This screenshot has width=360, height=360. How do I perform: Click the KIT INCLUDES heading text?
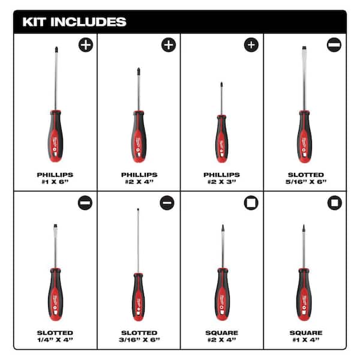(74, 22)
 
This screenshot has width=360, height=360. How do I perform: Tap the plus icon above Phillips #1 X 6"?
(86, 45)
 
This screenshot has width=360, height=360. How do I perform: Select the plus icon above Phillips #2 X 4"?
(169, 45)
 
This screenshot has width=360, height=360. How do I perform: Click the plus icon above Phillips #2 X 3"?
(251, 45)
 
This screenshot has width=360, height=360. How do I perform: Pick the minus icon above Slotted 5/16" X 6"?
(334, 45)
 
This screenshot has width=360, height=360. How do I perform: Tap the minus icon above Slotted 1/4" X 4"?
(86, 203)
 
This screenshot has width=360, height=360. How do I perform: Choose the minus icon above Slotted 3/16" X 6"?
(167, 203)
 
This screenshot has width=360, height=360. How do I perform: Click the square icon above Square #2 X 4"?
(251, 203)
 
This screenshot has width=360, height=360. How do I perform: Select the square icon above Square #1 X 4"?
(334, 203)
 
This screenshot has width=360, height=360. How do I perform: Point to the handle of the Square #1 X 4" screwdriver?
(304, 294)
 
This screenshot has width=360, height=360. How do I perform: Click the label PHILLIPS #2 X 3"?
(221, 178)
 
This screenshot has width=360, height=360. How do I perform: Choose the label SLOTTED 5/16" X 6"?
(304, 178)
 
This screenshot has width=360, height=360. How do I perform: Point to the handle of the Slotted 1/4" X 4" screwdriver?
(55, 294)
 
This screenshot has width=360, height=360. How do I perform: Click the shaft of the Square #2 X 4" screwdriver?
(221, 252)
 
